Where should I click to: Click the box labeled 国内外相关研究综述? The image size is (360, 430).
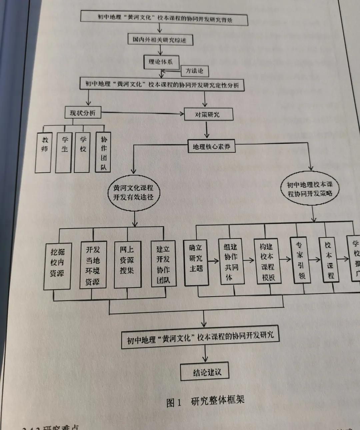tap(160, 40)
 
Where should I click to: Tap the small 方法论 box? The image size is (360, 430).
tap(195, 71)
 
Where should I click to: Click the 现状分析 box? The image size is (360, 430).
tap(82, 113)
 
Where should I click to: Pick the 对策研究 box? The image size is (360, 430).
tap(208, 114)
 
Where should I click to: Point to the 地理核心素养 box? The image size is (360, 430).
tap(211, 146)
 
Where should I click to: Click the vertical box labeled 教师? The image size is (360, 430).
tap(44, 152)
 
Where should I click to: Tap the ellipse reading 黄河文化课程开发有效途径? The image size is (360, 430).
tap(134, 192)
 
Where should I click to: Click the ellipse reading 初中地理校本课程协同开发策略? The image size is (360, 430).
tap(310, 189)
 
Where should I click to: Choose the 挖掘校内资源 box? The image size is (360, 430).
tap(58, 266)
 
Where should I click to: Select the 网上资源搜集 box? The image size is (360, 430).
tap(127, 264)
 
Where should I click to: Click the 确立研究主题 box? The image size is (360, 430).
tap(196, 263)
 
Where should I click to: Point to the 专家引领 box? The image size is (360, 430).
tap(300, 260)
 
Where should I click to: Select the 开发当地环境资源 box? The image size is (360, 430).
tap(93, 265)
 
